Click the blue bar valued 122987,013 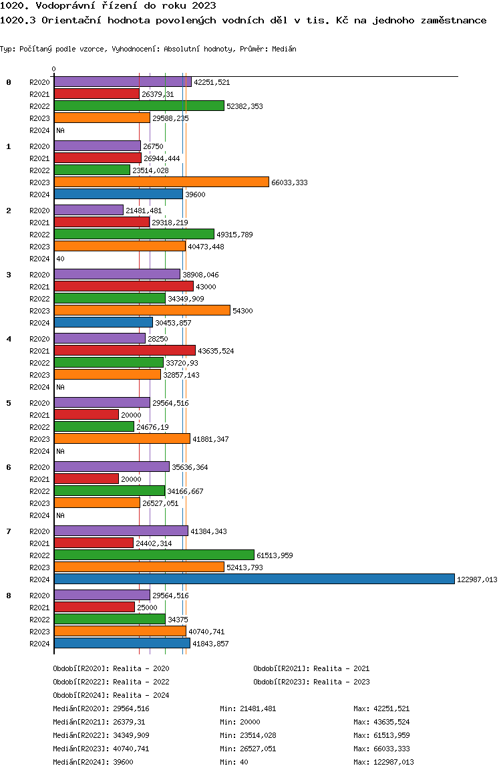(x=255, y=579)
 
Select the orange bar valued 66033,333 (x=162, y=182)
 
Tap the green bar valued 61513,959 (x=154, y=555)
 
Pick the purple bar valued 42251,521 (x=123, y=82)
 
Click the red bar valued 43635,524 (x=125, y=350)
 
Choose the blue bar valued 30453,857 (x=104, y=322)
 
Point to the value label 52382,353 (x=244, y=107)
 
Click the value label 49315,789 (x=234, y=235)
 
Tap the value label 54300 (x=242, y=311)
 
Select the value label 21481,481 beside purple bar (x=144, y=211)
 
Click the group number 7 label (x=9, y=531)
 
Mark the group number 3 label (x=9, y=275)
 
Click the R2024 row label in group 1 (x=39, y=195)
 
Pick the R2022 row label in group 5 (x=39, y=427)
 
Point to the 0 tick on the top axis (x=53, y=69)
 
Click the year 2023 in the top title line (x=204, y=5)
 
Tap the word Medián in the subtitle (x=284, y=49)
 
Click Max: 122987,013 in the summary (x=383, y=762)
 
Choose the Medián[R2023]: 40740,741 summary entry (x=101, y=749)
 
